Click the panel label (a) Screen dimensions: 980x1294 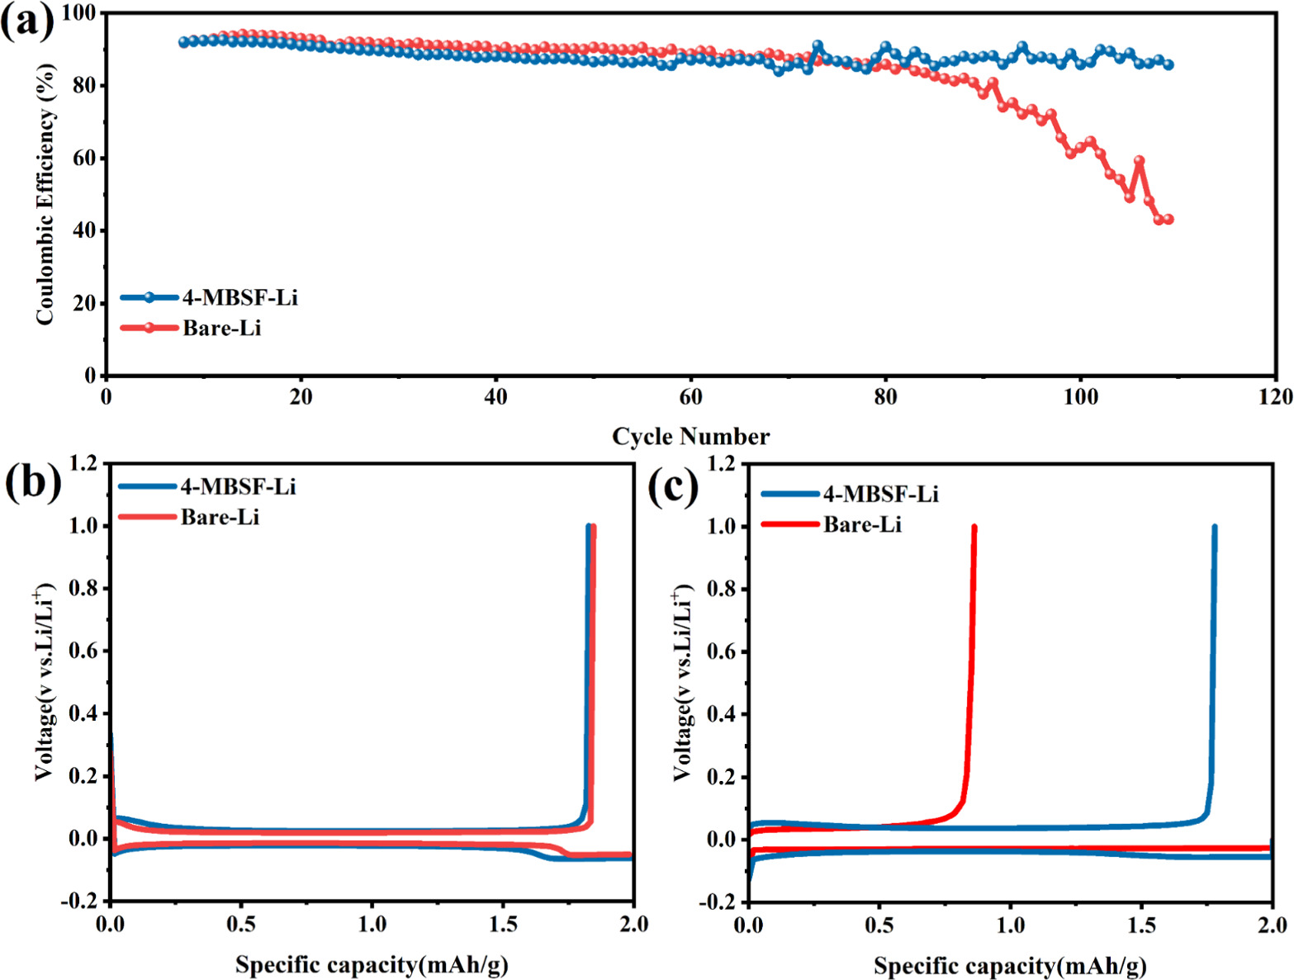pos(26,21)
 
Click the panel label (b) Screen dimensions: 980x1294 pos(32,481)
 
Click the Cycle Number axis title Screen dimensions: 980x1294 pos(690,437)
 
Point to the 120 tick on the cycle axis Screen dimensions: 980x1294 pos(1276,397)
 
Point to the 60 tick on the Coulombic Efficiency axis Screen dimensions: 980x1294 pos(84,159)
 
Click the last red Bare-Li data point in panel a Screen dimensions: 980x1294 pos(1168,220)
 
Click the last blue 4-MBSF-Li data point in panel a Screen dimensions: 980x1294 pos(1168,64)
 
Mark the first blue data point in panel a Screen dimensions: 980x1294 pos(184,42)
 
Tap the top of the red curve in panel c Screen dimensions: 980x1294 pos(974,528)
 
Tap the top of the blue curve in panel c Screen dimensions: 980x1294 pos(1214,528)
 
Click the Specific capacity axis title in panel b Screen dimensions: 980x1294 pos(372,964)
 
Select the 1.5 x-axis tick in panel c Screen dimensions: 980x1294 pos(1141,925)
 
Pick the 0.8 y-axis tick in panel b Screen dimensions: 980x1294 pos(84,589)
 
